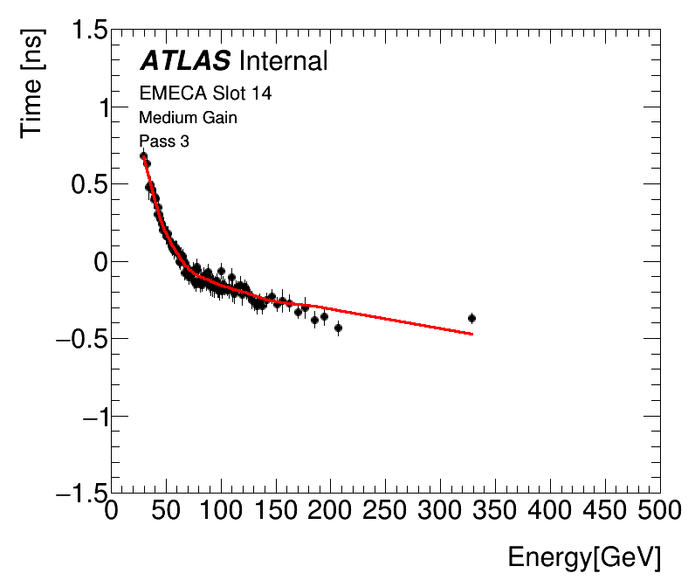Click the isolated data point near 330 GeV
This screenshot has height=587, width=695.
click(x=471, y=318)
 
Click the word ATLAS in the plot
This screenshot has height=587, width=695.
click(x=185, y=61)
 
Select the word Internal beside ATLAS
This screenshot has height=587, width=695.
click(x=283, y=61)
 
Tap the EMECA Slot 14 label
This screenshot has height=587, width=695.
click(x=205, y=93)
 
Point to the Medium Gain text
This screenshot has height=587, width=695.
click(x=188, y=117)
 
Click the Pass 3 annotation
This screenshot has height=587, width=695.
click(x=164, y=141)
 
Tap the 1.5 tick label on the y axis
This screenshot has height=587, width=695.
click(x=85, y=31)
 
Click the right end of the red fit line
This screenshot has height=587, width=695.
click(x=472, y=334)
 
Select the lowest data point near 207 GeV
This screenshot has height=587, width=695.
click(x=338, y=328)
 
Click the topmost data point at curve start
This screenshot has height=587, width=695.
click(x=144, y=155)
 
